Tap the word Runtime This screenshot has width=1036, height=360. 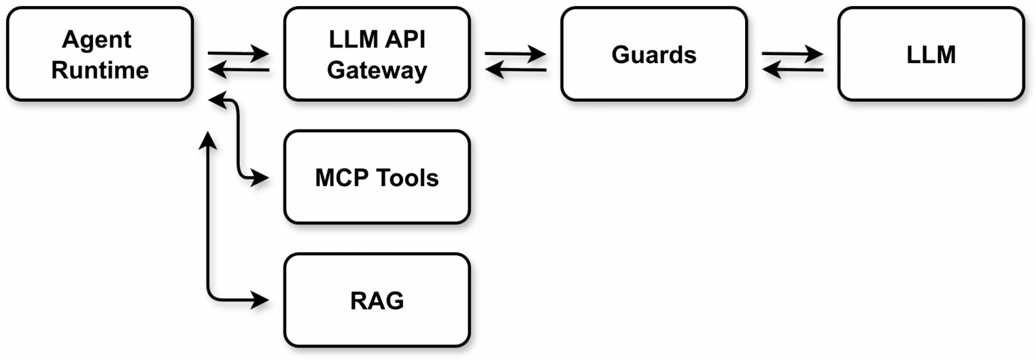point(100,70)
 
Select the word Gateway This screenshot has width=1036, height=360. point(377,70)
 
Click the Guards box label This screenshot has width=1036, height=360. point(653,54)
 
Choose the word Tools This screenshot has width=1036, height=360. point(408,178)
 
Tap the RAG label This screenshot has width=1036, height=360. point(377,301)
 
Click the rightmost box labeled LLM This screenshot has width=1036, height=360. point(930,54)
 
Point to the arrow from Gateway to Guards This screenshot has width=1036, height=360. point(515,53)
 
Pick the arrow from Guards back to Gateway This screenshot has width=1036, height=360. point(515,69)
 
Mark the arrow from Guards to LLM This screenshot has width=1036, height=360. point(792,53)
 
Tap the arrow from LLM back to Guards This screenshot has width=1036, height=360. point(792,69)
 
